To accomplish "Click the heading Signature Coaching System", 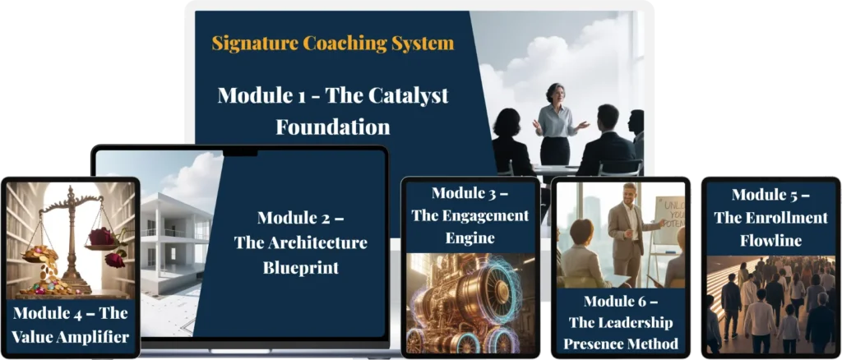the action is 333,43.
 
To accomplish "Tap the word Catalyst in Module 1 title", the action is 408,95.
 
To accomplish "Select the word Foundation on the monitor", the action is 333,127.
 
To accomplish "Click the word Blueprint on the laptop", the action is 301,267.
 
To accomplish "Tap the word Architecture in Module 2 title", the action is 312,242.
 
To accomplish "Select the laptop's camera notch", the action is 240,153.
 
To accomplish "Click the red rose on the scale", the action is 102,236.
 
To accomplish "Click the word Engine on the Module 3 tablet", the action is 470,238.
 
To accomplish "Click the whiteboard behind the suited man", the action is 669,220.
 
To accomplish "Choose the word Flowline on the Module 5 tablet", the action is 770,240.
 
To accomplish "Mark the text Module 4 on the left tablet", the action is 49,313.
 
